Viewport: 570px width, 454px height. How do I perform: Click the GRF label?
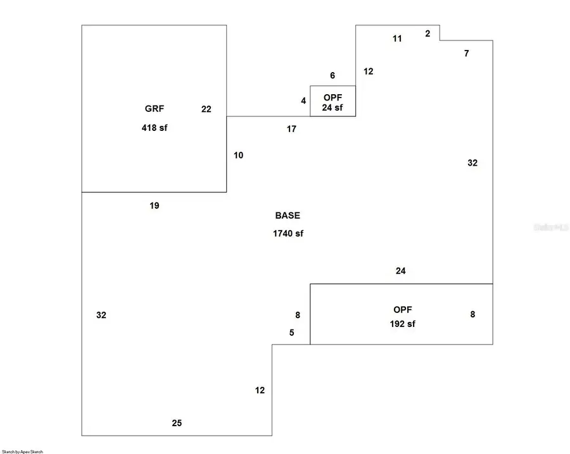(x=154, y=108)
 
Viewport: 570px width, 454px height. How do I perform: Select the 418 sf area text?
(x=155, y=127)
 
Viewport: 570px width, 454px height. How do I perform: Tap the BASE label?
(x=288, y=216)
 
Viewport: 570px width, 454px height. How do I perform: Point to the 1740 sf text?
(x=288, y=233)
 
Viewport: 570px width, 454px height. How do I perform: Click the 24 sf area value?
(x=332, y=107)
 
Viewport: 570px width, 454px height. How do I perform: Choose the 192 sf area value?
(x=403, y=324)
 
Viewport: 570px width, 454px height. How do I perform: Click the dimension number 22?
(x=206, y=109)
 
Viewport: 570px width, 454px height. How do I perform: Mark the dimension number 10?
(x=238, y=155)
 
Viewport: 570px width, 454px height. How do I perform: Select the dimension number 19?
(x=155, y=206)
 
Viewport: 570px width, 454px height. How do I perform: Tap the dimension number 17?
(x=291, y=129)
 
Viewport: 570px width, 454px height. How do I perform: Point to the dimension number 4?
(x=303, y=101)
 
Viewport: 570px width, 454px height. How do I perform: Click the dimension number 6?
(x=332, y=76)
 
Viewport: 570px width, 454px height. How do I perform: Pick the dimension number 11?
(x=397, y=39)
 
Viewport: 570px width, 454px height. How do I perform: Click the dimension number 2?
(x=427, y=34)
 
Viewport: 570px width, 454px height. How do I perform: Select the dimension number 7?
(x=467, y=54)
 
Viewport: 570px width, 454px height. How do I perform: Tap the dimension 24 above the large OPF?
(x=400, y=271)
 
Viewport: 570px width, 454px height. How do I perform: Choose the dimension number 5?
(x=292, y=333)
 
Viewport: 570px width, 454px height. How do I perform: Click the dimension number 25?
(x=177, y=423)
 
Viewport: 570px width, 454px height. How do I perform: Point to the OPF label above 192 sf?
(x=403, y=310)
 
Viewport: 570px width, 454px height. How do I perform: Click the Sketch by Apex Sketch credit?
(x=23, y=451)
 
